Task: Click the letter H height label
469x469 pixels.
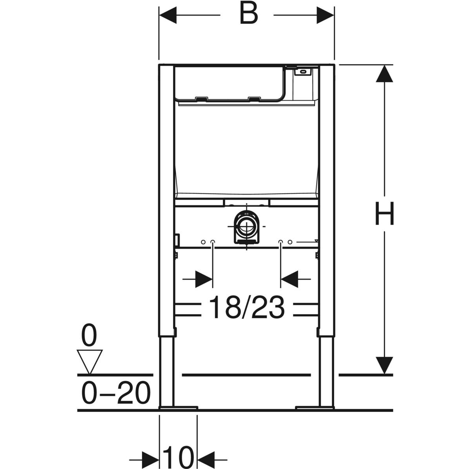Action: click(x=384, y=213)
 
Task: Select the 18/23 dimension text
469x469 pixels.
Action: click(x=247, y=307)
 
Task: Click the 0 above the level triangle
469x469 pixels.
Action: click(x=89, y=335)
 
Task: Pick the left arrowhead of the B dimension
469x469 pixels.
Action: click(x=168, y=15)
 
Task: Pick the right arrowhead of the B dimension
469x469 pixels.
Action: click(x=326, y=15)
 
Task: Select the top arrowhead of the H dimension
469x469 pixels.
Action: click(x=384, y=73)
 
